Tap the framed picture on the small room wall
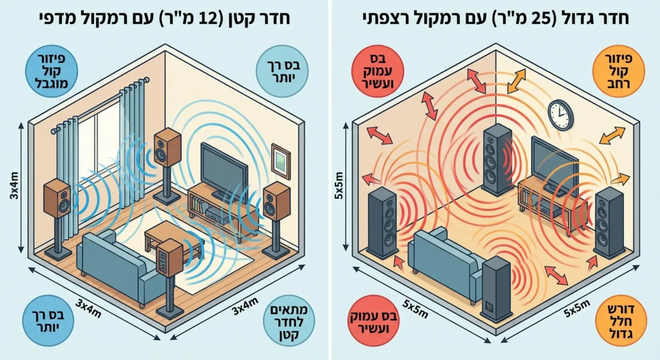[x=281, y=161]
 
